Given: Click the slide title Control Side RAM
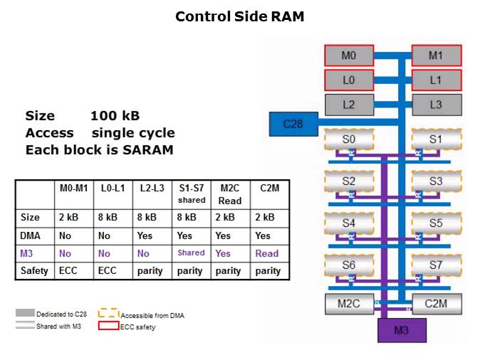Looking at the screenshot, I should (240, 16).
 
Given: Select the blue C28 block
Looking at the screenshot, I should (293, 124).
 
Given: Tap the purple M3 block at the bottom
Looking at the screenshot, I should (401, 330).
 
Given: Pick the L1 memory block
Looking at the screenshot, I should (437, 80).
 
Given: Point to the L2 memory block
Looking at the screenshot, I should (348, 104).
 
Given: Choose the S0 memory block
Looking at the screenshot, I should (348, 140).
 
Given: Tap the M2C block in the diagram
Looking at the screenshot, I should (348, 304).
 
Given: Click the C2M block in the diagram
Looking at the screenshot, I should (437, 304).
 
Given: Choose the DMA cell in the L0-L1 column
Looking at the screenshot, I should (111, 235).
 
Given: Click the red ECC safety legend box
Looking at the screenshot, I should (108, 327).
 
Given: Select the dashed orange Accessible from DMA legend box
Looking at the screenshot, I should (108, 314).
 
